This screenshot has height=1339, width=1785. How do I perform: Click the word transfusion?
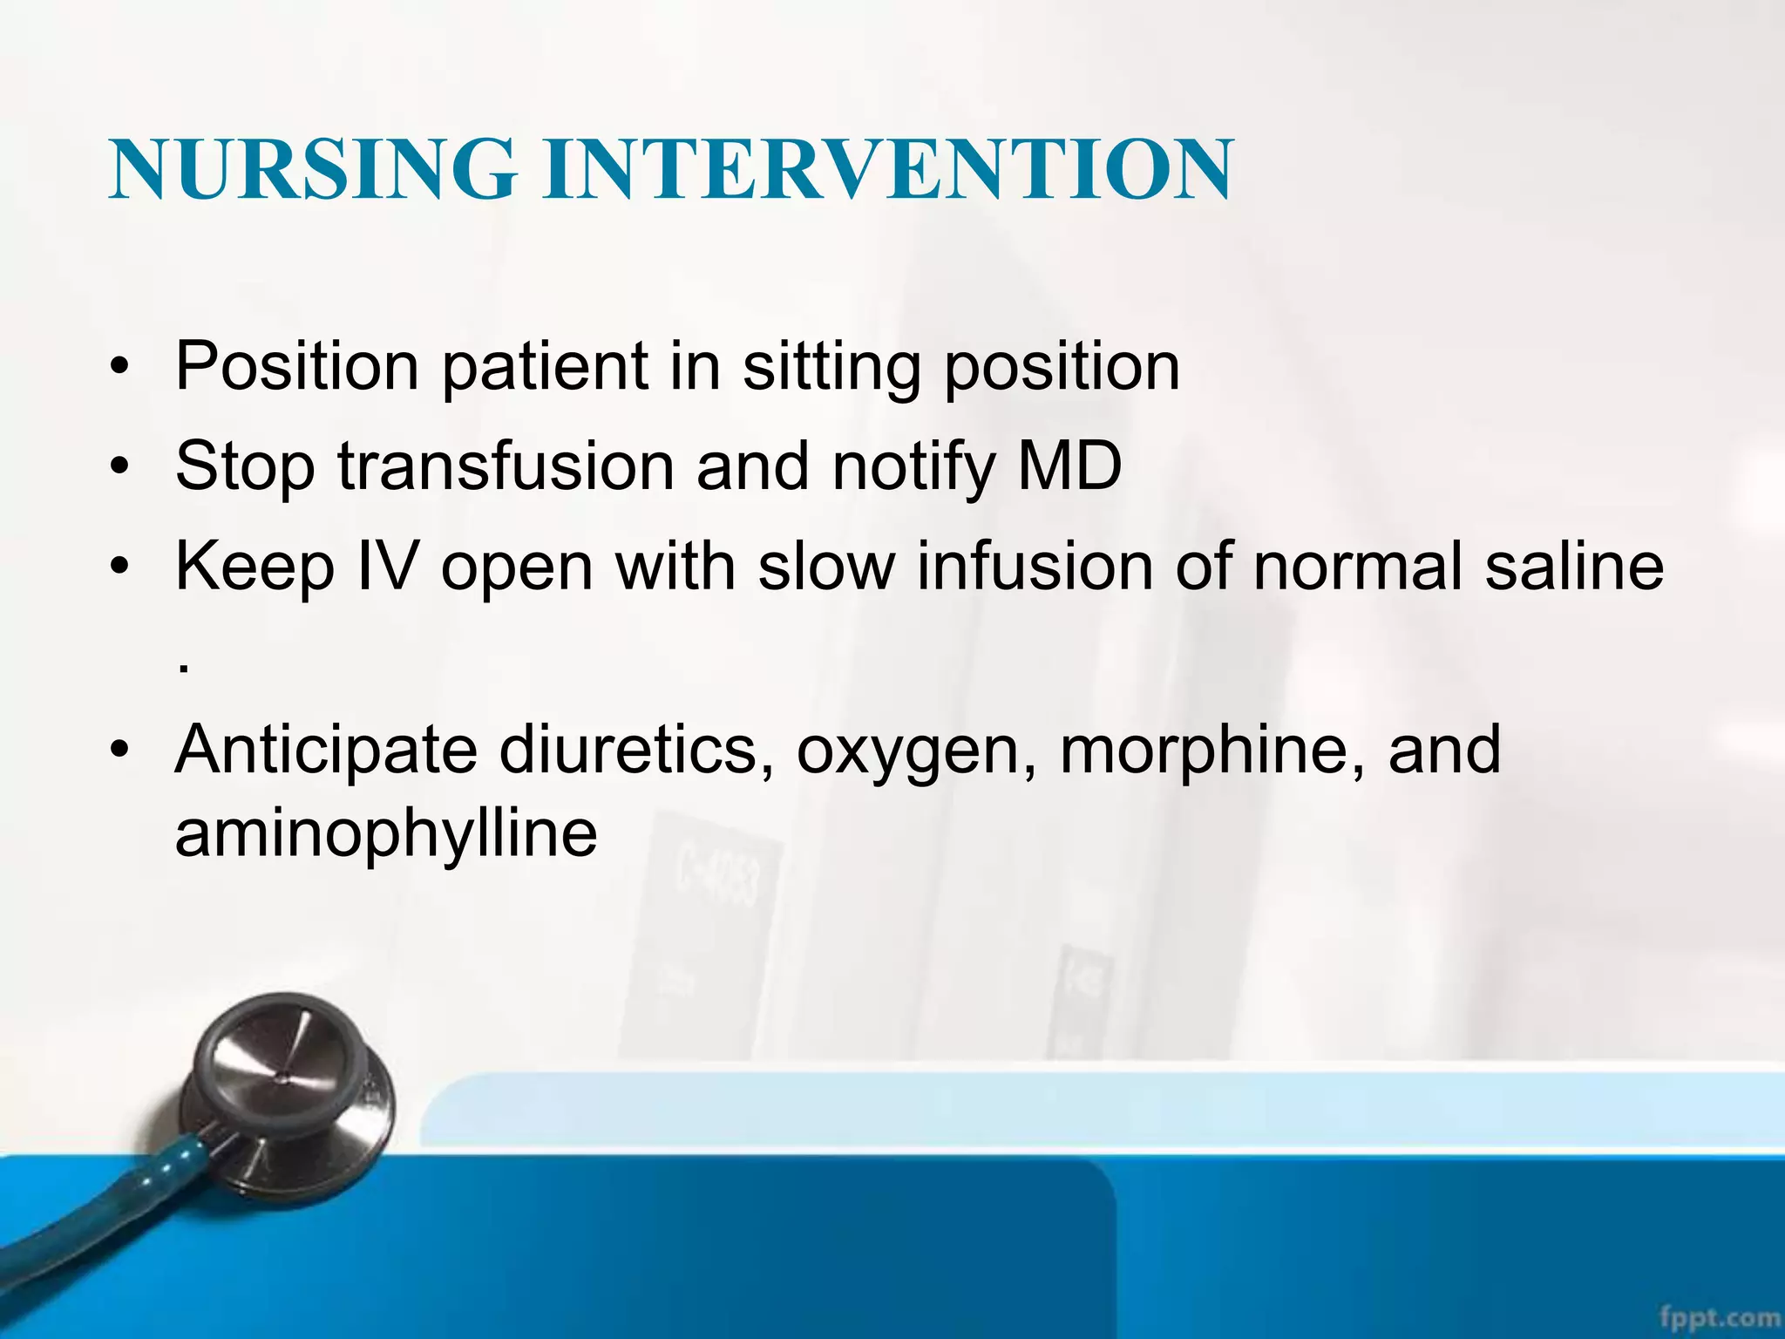point(506,466)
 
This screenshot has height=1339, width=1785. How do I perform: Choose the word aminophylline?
point(386,835)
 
